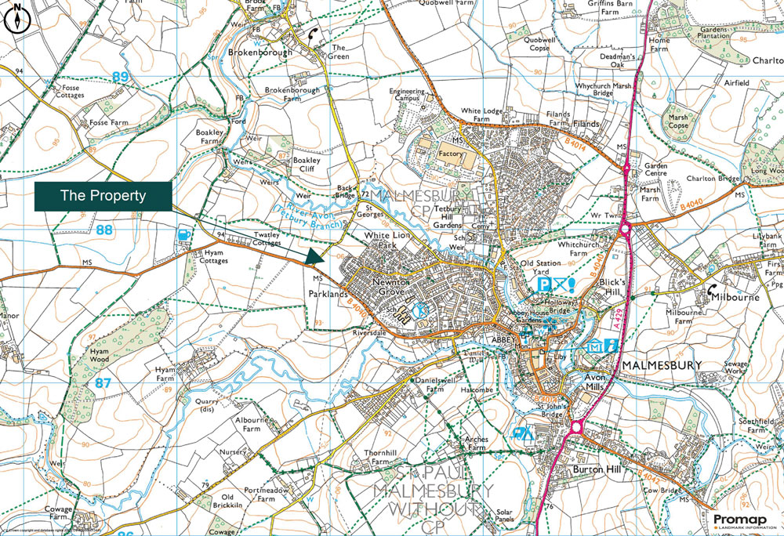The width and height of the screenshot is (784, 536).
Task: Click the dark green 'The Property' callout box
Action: tap(103, 196)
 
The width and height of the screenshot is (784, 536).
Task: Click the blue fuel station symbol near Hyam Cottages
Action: tap(183, 233)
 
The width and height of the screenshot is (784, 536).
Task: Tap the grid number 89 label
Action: tap(120, 77)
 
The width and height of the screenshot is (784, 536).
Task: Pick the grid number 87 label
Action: tap(103, 383)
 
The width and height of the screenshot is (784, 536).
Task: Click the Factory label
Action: tap(452, 154)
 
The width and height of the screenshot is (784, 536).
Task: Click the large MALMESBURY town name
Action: tap(665, 366)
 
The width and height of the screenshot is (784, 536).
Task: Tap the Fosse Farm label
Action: tap(108, 123)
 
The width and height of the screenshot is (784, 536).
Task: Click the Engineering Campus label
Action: tap(412, 96)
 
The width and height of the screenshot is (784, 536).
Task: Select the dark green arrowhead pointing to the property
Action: tap(314, 257)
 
